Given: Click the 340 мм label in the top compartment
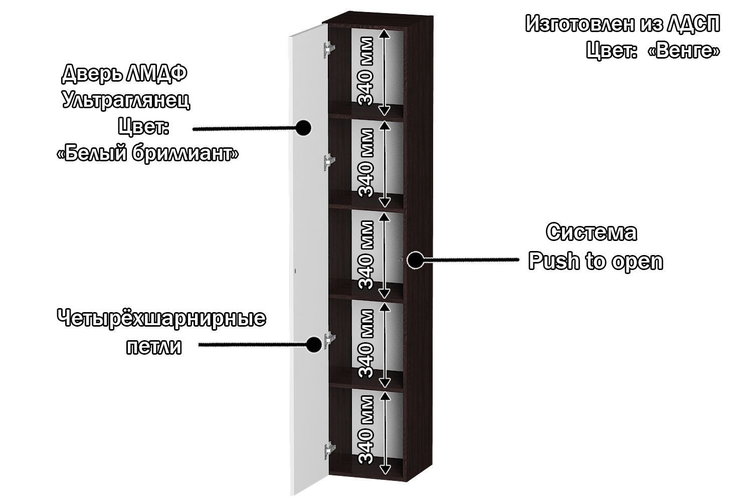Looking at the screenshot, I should (366, 71).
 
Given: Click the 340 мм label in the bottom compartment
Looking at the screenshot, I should (366, 430).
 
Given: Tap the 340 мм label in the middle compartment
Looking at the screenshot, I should (366, 255).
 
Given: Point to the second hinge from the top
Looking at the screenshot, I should (329, 162).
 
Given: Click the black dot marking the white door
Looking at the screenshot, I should (302, 128).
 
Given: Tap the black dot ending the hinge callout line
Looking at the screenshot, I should (314, 344).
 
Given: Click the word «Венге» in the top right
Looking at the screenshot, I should (684, 50).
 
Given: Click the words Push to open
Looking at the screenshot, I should (596, 261).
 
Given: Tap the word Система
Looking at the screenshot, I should (592, 232).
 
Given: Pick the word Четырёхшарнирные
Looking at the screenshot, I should (161, 318).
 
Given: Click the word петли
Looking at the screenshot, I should (153, 347).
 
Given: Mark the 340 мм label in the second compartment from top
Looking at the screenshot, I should (366, 163).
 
